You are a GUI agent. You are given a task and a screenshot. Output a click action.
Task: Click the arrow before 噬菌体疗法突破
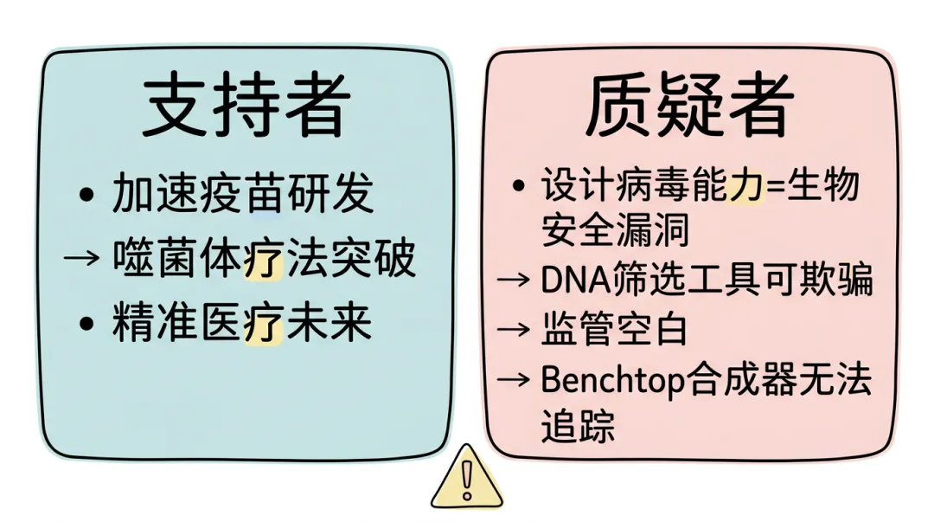click(82, 260)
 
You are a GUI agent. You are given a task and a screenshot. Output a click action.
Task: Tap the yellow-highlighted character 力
click(745, 185)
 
